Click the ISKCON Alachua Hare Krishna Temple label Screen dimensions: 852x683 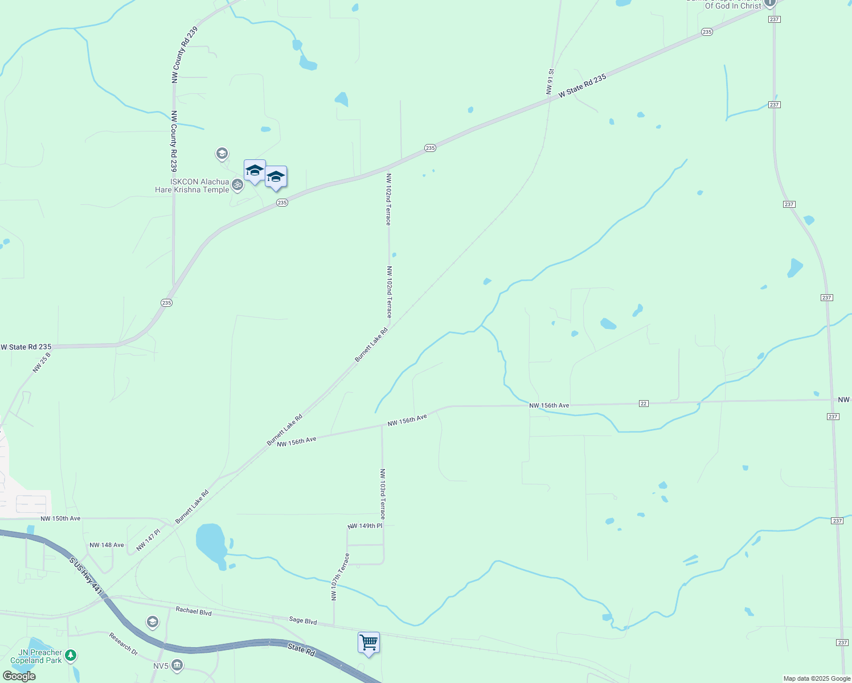coord(192,186)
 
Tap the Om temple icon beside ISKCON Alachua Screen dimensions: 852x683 coord(237,184)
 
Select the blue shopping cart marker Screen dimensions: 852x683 coord(368,643)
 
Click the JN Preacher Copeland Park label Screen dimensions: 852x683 coord(36,656)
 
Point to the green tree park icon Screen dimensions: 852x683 coord(70,656)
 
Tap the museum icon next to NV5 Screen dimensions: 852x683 coord(177,665)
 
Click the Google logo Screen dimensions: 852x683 coord(19,676)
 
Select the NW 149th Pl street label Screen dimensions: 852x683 coord(364,526)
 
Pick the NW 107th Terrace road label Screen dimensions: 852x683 coord(340,577)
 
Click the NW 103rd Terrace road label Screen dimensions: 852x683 coord(383,493)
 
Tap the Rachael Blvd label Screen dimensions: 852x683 coord(194,611)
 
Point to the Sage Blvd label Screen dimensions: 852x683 coord(303,621)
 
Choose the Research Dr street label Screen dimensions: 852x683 coord(124,643)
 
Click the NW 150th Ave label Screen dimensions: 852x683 coord(60,519)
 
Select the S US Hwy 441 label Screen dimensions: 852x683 coord(85,577)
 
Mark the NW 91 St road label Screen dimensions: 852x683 coord(550,82)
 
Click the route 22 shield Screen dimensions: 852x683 coord(644,404)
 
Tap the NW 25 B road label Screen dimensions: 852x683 coord(42,363)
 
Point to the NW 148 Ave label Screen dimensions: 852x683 coord(106,545)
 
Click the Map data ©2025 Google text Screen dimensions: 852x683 coord(817,678)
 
